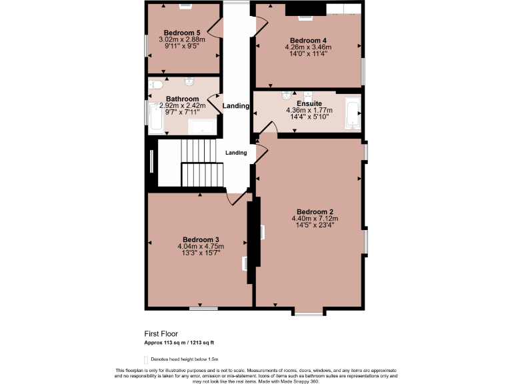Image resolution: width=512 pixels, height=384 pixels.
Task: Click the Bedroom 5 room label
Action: click(x=182, y=33)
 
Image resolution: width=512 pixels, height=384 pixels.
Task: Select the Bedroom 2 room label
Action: click(x=315, y=211)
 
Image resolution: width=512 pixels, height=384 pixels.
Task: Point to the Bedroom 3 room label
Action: click(x=201, y=239)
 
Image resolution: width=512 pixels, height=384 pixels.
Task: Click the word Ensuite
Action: click(x=309, y=103)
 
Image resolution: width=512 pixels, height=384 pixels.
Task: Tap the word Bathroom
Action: click(x=182, y=99)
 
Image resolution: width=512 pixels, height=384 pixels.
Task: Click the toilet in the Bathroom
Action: click(x=155, y=85)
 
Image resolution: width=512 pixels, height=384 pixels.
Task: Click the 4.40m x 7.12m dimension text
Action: click(x=315, y=218)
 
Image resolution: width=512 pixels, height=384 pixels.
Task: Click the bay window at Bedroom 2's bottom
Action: click(x=309, y=311)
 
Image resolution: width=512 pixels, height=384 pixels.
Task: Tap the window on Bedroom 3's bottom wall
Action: click(x=203, y=308)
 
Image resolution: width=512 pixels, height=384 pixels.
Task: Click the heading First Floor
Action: click(x=161, y=333)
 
